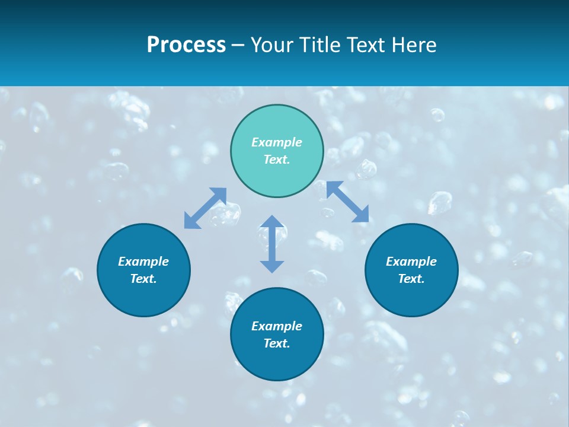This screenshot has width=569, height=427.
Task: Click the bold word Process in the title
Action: click(186, 45)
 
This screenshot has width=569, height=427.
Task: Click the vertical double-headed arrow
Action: click(272, 244)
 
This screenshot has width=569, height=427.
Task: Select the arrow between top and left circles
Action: click(205, 208)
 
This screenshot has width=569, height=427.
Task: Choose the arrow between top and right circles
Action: click(348, 202)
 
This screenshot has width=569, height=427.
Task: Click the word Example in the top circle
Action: click(277, 142)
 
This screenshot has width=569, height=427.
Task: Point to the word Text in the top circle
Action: click(276, 160)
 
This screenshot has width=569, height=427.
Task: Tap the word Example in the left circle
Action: click(143, 262)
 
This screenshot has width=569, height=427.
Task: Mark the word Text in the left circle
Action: click(142, 279)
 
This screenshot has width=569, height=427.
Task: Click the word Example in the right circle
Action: click(411, 262)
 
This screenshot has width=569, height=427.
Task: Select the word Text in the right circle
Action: click(410, 279)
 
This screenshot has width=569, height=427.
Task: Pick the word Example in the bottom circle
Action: click(277, 326)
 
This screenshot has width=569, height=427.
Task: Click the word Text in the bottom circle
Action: click(276, 343)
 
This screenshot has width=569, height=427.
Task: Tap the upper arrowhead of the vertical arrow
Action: click(272, 221)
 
